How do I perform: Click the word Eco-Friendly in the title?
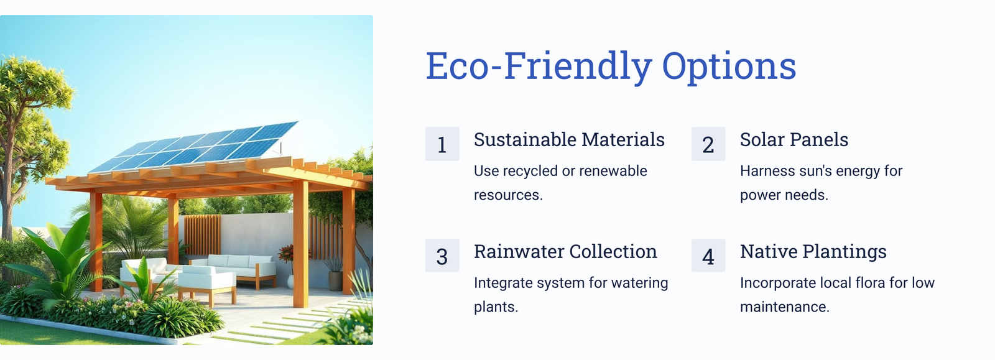pos(539,66)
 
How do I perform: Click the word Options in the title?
pos(729,67)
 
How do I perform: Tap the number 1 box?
pos(442,144)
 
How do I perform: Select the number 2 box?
pos(708,144)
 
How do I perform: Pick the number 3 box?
pos(442,256)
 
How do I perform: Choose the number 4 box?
pos(708,256)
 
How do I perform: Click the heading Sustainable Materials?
pos(569,139)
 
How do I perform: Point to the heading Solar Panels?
pos(794,139)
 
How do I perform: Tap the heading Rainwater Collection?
pos(565,251)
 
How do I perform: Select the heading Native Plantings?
pos(813,252)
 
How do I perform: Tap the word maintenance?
pos(785,307)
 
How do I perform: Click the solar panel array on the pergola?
pos(194,147)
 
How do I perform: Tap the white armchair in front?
pos(207,284)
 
